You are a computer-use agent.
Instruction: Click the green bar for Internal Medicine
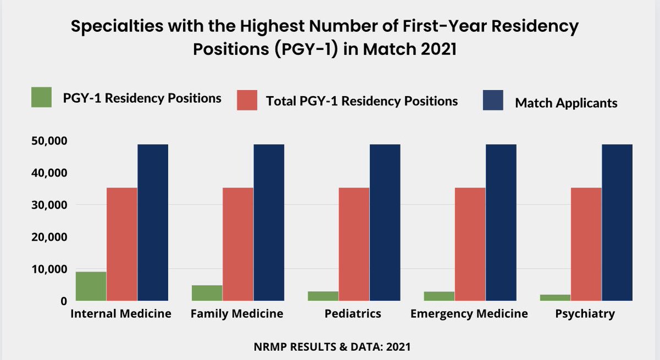(91, 286)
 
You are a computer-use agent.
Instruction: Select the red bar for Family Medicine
(238, 244)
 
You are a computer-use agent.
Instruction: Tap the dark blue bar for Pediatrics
(384, 223)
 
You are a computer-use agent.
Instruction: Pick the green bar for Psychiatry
(555, 297)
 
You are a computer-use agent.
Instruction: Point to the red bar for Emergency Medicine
(470, 244)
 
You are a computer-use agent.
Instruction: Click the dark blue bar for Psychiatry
(617, 223)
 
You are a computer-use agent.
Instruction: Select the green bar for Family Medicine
(207, 293)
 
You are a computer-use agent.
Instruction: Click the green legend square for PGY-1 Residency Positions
(41, 98)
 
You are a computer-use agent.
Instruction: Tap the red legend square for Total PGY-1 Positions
(247, 101)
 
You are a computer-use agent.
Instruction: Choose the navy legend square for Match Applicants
(493, 101)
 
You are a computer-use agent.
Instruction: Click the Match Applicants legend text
(566, 103)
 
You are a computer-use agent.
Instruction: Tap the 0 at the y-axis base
(64, 301)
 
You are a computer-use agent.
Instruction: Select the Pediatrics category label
(353, 314)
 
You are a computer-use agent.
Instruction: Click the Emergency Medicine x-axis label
(469, 314)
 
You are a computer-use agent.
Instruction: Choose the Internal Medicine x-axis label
(121, 314)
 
